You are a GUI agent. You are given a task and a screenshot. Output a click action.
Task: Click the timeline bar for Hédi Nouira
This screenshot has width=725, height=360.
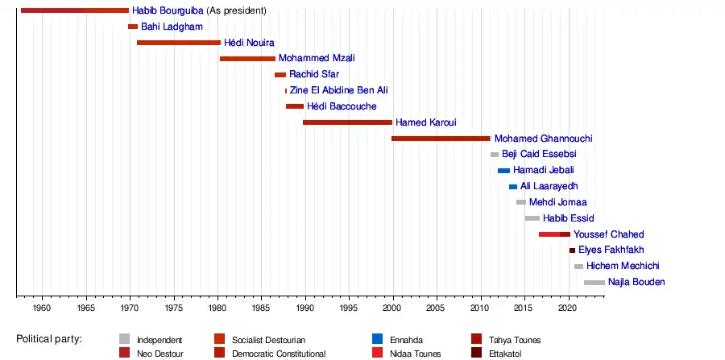click(x=178, y=43)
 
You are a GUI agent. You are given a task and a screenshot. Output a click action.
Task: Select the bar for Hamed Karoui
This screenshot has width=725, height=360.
click(x=347, y=122)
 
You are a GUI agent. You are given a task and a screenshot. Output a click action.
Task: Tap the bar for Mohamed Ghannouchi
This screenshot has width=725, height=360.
click(x=441, y=139)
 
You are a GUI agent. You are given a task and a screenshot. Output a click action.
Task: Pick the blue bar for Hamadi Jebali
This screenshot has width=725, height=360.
click(x=503, y=171)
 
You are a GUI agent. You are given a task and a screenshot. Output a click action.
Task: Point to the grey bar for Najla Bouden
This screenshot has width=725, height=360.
click(x=594, y=283)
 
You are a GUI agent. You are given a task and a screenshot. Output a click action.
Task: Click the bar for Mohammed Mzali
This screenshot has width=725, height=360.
click(x=247, y=59)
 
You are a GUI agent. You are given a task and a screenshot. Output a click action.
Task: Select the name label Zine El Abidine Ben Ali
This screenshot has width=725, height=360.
click(x=338, y=91)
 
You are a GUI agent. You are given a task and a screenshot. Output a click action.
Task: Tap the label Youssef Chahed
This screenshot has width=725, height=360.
click(x=608, y=234)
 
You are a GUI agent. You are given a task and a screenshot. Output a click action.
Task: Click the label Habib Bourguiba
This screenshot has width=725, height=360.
click(x=168, y=11)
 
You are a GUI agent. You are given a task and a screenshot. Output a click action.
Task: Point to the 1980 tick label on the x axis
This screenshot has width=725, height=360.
click(x=217, y=308)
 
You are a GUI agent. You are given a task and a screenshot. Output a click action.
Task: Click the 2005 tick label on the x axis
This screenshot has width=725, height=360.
click(x=436, y=308)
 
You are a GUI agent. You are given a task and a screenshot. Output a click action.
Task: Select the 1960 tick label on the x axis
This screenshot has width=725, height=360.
click(x=43, y=308)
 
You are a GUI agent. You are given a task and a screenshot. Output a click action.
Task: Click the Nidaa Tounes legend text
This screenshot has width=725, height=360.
click(x=416, y=354)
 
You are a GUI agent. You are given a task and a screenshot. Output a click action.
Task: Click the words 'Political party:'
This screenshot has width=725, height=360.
click(x=49, y=339)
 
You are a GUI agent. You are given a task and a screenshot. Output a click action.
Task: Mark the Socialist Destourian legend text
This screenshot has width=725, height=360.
click(x=268, y=341)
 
